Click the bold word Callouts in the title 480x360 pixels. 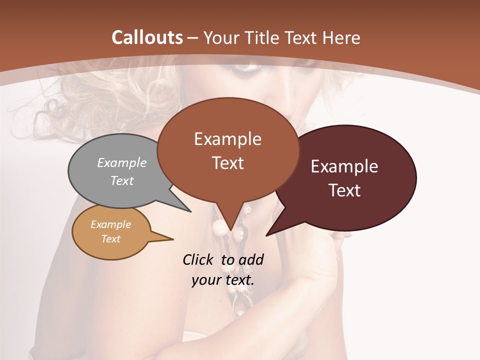tap(147, 37)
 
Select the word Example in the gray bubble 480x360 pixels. tap(122, 162)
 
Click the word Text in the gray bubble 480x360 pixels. tap(122, 180)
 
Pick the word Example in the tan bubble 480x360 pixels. tap(110, 224)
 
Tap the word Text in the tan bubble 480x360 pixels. tap(110, 239)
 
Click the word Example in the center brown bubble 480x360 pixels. tap(227, 139)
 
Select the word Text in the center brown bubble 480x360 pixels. tap(227, 163)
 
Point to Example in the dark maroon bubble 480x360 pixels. tap(344, 166)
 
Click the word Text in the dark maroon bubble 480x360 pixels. tap(344, 190)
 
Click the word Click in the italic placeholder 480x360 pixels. tap(198, 259)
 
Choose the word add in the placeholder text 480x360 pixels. tap(251, 259)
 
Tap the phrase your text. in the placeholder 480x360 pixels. tap(223, 279)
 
